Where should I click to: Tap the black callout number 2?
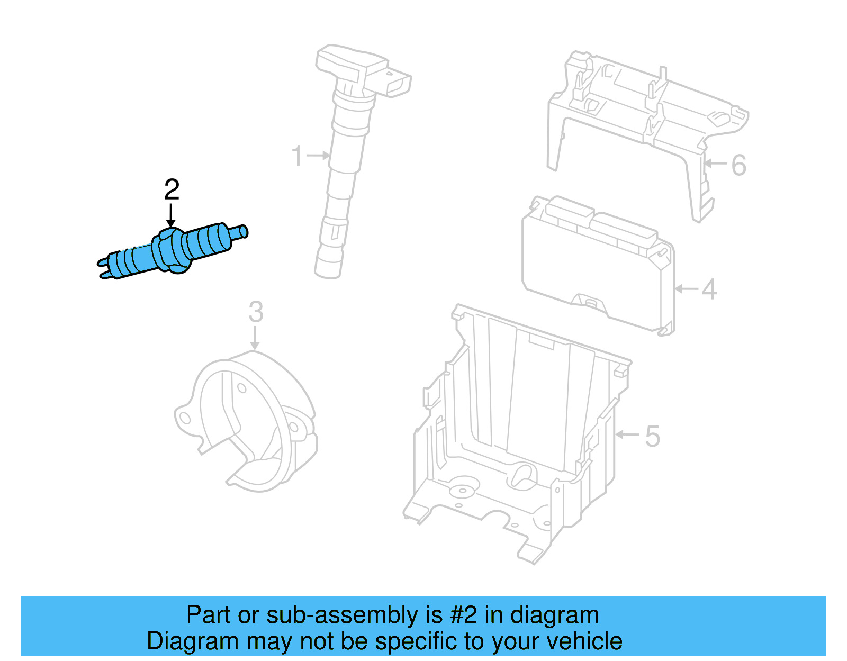point(172,189)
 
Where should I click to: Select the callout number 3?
point(256,312)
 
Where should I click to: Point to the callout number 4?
point(709,289)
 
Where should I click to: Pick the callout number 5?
point(652,436)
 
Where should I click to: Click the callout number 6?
point(738,165)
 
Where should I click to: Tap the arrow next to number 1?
point(318,156)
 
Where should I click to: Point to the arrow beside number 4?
point(687,288)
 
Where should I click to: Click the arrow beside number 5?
point(628,434)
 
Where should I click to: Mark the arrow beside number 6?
point(716,164)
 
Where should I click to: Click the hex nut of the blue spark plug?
point(170,250)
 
